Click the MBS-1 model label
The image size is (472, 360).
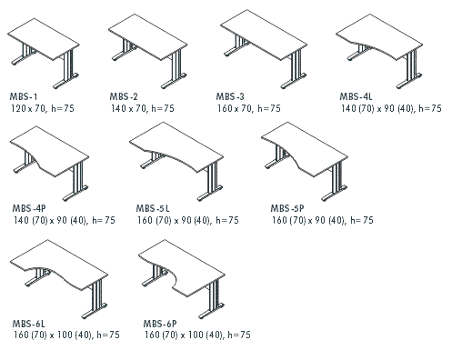(24, 96)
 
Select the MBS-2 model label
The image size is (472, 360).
(124, 96)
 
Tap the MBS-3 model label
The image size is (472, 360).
(230, 96)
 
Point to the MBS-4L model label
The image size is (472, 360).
(356, 96)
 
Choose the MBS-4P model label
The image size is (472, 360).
(29, 208)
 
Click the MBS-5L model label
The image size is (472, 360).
(153, 208)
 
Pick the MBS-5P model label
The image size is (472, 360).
(287, 208)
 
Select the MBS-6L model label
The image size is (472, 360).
(28, 324)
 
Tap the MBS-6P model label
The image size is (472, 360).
(160, 324)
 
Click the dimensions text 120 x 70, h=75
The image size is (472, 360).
(43, 108)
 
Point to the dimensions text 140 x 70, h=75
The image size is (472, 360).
(143, 108)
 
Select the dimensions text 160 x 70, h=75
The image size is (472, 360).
(249, 108)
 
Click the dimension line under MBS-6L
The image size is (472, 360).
(66, 335)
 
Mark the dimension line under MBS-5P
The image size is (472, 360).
(322, 220)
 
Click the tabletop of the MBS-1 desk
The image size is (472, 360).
(44, 39)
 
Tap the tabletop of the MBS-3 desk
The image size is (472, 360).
(264, 35)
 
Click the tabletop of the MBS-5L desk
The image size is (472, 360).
(179, 145)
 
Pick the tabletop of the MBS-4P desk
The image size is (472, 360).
(53, 150)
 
